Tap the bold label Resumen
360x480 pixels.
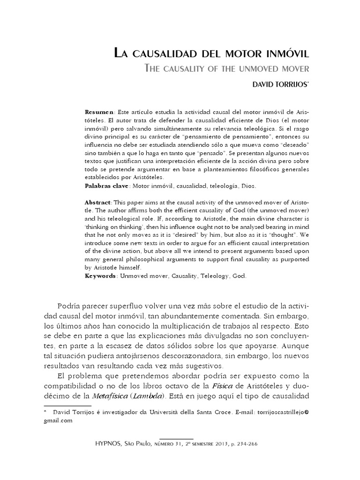[x=99, y=113]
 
